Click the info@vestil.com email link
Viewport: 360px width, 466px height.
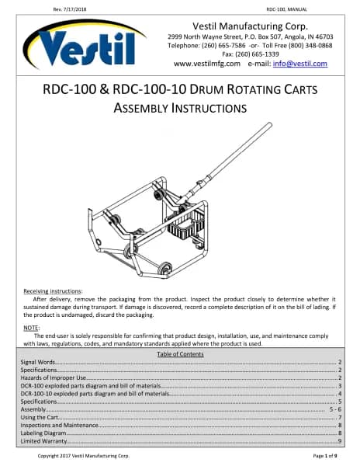click(300, 64)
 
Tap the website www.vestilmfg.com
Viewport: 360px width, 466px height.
click(207, 64)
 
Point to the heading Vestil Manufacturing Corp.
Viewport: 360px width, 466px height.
click(250, 26)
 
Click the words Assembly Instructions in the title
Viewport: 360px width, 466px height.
click(180, 108)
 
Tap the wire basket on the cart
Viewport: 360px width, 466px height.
click(185, 224)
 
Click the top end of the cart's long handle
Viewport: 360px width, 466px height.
click(269, 124)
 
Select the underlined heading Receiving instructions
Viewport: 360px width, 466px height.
click(52, 291)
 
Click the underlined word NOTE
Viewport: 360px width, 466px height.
click(31, 328)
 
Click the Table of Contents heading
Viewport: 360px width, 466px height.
click(180, 354)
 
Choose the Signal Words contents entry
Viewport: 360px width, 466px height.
click(38, 362)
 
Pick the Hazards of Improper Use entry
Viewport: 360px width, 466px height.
click(53, 377)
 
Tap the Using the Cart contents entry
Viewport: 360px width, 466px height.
click(39, 417)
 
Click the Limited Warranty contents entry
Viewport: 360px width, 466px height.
click(43, 441)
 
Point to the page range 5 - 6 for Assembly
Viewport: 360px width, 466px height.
click(335, 409)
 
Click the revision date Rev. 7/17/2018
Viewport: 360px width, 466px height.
click(70, 9)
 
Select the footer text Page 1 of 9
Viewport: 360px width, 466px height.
click(325, 456)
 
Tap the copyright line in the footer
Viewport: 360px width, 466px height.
click(83, 456)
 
